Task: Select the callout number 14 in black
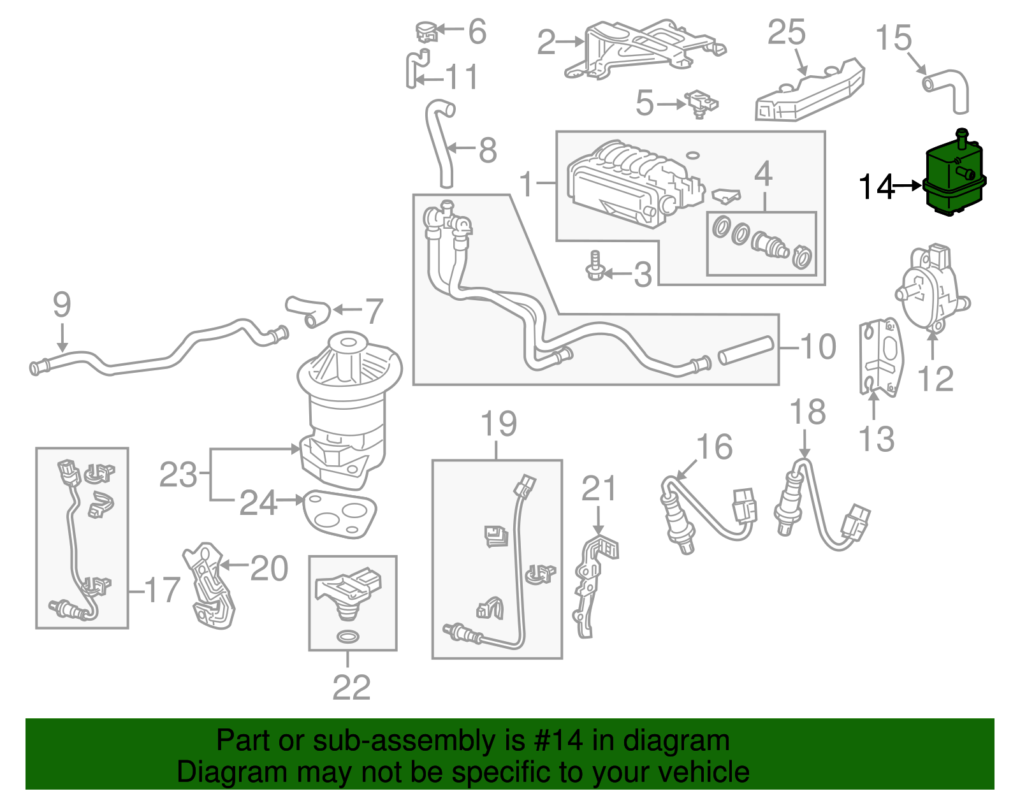click(877, 187)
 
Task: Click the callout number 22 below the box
click(351, 687)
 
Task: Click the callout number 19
click(499, 424)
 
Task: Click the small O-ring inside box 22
click(347, 636)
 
